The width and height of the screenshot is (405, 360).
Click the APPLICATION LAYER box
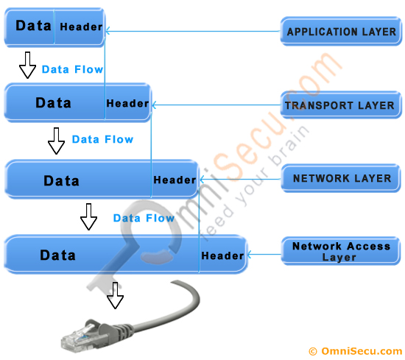tap(341, 31)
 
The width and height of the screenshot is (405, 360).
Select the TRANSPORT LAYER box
tap(341, 105)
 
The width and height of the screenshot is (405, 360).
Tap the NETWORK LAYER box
tap(341, 178)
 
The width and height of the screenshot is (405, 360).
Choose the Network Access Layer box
tap(341, 251)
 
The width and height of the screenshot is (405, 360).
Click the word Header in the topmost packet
tap(81, 27)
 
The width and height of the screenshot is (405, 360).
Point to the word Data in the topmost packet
tap(33, 26)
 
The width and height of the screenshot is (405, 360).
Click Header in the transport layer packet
tap(127, 104)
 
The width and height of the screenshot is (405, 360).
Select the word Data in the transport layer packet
tap(53, 103)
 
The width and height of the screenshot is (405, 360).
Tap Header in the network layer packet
tap(175, 180)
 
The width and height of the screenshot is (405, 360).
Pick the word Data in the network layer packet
tap(61, 181)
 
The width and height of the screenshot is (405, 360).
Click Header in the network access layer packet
tap(222, 255)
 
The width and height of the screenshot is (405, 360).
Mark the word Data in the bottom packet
tap(57, 255)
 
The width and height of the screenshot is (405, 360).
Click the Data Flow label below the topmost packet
tap(72, 69)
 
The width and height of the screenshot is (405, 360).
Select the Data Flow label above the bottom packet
tap(144, 218)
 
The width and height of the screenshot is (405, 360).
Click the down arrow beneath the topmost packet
tap(28, 65)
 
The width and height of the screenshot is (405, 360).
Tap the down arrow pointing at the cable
tap(115, 295)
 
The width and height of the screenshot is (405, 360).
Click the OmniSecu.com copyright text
tap(356, 351)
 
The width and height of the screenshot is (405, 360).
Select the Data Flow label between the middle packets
tap(102, 139)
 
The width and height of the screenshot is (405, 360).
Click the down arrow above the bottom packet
tap(88, 216)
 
